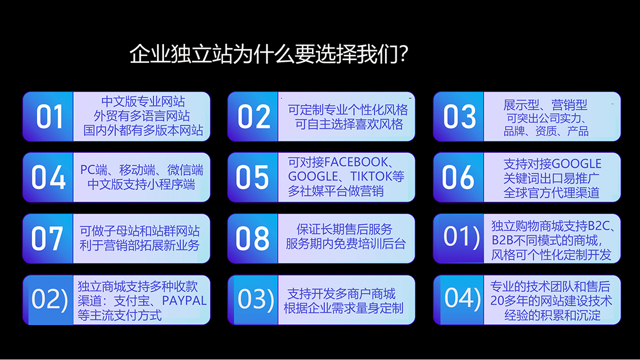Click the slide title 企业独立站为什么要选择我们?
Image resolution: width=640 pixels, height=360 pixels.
coord(269,54)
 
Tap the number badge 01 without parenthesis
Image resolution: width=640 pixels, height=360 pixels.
coord(49,117)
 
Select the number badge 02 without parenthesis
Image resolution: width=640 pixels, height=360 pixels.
coord(254,117)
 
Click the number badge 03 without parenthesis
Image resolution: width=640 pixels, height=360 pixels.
coord(459,117)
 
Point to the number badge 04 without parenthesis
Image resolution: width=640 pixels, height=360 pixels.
coord(49,178)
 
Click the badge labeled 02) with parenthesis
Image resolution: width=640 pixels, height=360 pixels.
coord(49,300)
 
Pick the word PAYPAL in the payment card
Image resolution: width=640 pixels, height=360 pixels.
coord(184,301)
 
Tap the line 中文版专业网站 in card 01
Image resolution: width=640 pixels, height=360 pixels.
coord(143,101)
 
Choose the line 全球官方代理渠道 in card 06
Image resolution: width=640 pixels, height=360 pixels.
coord(551,192)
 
